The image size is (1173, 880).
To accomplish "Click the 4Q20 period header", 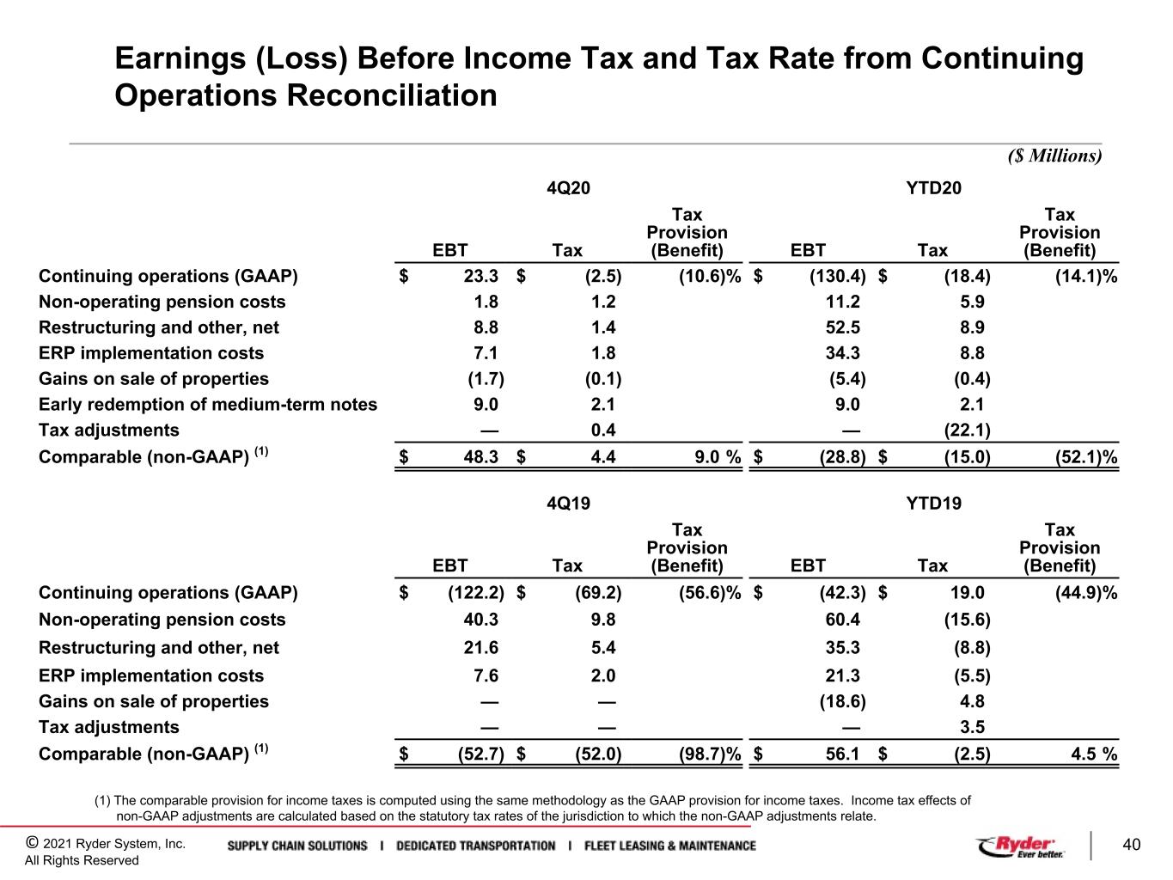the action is click(x=568, y=188).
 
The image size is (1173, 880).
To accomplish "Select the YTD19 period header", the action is click(x=933, y=504).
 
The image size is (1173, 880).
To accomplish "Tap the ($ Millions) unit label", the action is click(x=1054, y=156).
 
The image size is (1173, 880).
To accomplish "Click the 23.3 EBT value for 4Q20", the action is click(x=480, y=276).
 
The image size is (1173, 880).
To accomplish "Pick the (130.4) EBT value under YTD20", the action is click(x=837, y=276).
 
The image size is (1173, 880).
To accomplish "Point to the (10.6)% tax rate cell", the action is click(x=710, y=276).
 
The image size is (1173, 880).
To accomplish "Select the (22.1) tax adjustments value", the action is click(x=967, y=430).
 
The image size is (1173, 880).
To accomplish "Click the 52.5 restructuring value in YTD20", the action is click(x=843, y=327).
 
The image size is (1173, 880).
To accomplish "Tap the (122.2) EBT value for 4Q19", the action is click(x=475, y=593).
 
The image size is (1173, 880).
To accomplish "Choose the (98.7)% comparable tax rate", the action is click(x=710, y=754).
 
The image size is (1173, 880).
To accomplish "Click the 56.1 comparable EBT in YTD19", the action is click(x=843, y=754).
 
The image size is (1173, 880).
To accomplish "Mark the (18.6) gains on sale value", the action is click(x=843, y=701).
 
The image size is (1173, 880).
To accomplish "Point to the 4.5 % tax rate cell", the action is click(x=1094, y=754).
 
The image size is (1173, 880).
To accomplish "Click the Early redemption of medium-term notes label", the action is click(x=208, y=405).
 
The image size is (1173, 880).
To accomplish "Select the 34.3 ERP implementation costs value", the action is click(x=843, y=352).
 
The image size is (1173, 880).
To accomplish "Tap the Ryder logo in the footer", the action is click(x=1021, y=846).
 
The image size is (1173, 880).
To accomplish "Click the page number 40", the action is click(x=1131, y=845).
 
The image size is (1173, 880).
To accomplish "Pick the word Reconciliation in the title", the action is click(x=392, y=95).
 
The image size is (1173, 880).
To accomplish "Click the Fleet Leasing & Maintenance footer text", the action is click(x=670, y=846).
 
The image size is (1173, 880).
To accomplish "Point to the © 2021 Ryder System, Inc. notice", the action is click(x=106, y=844).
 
